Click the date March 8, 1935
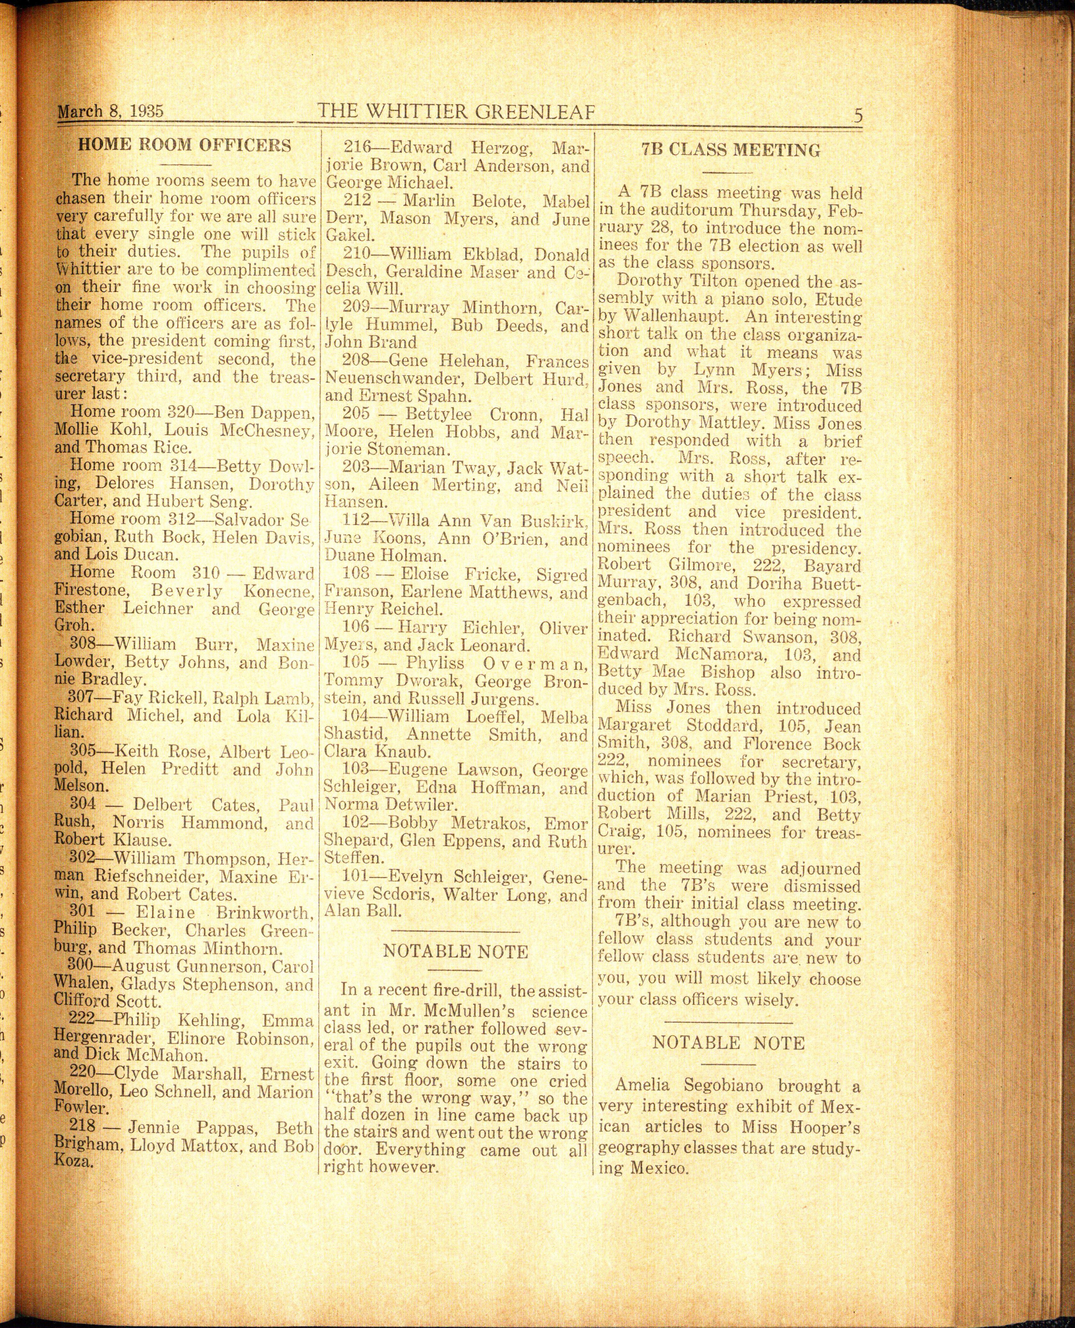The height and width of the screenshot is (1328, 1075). pyautogui.click(x=110, y=112)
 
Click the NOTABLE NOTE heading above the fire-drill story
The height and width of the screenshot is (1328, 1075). pyautogui.click(x=456, y=951)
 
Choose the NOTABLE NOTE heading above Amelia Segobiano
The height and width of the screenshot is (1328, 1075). pyautogui.click(x=728, y=1043)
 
